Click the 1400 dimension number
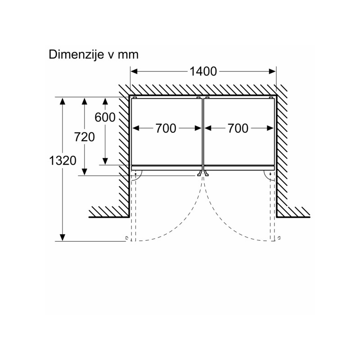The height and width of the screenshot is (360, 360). (203, 72)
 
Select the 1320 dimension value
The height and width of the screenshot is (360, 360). (63, 161)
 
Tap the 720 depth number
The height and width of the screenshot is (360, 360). (85, 137)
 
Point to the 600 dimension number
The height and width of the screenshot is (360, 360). (105, 117)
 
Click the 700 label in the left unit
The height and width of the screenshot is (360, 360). (166, 128)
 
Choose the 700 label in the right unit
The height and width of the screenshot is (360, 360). (238, 128)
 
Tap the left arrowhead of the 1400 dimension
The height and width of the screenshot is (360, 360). (134, 72)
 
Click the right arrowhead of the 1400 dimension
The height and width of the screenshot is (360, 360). (272, 72)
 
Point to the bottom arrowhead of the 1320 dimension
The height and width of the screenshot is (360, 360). (63, 238)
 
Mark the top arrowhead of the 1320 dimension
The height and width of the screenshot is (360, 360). (63, 101)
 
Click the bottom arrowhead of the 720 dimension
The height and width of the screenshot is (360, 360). (85, 172)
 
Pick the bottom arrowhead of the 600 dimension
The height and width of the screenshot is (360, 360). (105, 162)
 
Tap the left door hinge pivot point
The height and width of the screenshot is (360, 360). (136, 174)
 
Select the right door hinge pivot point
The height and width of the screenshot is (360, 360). (270, 174)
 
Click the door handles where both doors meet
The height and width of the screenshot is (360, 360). (203, 174)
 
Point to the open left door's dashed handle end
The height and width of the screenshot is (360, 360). (126, 238)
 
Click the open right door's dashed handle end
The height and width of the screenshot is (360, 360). (279, 238)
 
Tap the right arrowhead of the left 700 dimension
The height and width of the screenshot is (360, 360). (198, 128)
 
